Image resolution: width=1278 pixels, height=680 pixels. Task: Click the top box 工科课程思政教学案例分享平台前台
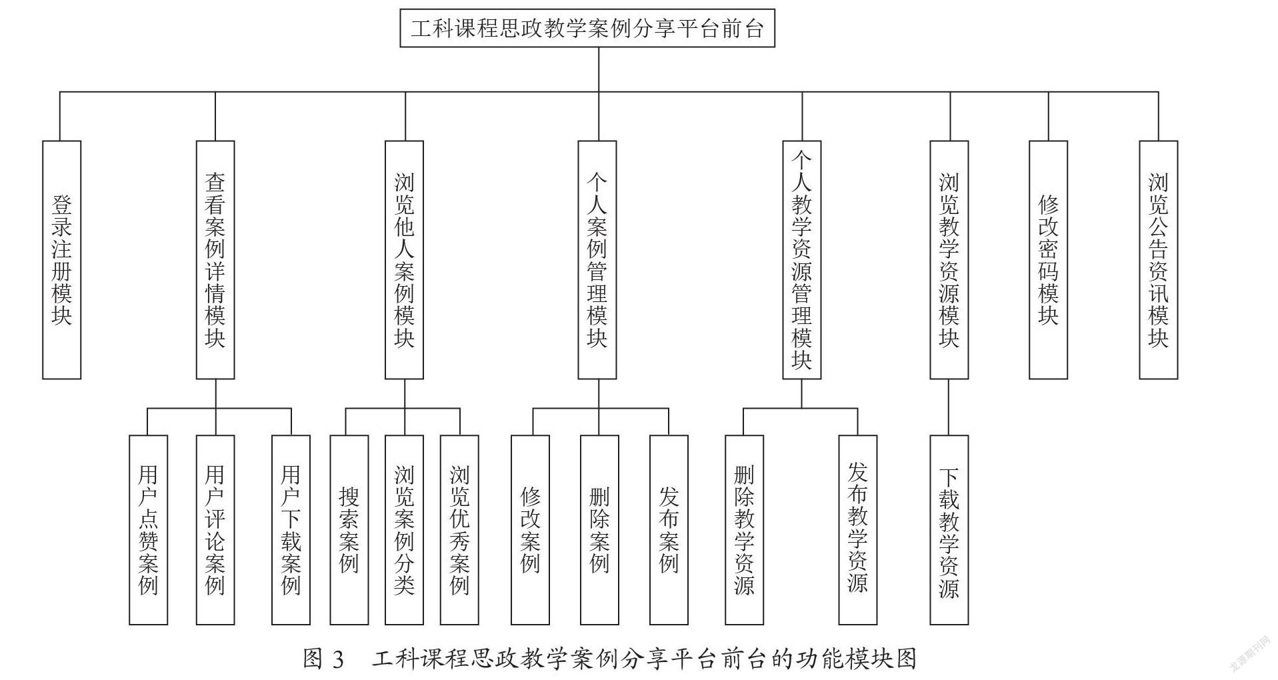[587, 28]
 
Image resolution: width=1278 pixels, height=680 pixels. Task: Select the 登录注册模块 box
[61, 260]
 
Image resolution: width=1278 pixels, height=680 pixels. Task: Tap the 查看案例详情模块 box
[215, 260]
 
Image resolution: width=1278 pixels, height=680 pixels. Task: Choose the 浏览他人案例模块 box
[404, 260]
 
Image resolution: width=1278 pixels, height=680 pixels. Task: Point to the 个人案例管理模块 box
[597, 260]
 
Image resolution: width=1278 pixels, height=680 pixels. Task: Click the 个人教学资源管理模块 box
[801, 260]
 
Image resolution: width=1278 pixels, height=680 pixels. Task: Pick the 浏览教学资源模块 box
[949, 260]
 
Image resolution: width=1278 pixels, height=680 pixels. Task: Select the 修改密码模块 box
[1048, 260]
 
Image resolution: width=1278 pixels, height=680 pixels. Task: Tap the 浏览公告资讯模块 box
[1158, 260]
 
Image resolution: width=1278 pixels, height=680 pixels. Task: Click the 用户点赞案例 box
[148, 530]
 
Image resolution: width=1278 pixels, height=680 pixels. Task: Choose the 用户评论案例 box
[215, 530]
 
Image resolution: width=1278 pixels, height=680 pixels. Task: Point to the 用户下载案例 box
[291, 530]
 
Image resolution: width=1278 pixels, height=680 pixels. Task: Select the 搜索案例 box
[349, 530]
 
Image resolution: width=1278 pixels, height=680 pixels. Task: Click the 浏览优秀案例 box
[459, 530]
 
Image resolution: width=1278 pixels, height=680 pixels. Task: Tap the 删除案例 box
[599, 530]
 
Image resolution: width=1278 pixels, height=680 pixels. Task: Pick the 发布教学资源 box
[857, 530]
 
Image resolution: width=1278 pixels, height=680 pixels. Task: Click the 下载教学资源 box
[949, 530]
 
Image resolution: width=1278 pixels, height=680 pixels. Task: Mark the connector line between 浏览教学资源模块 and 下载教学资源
[949, 407]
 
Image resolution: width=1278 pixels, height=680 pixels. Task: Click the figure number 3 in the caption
[337, 659]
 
